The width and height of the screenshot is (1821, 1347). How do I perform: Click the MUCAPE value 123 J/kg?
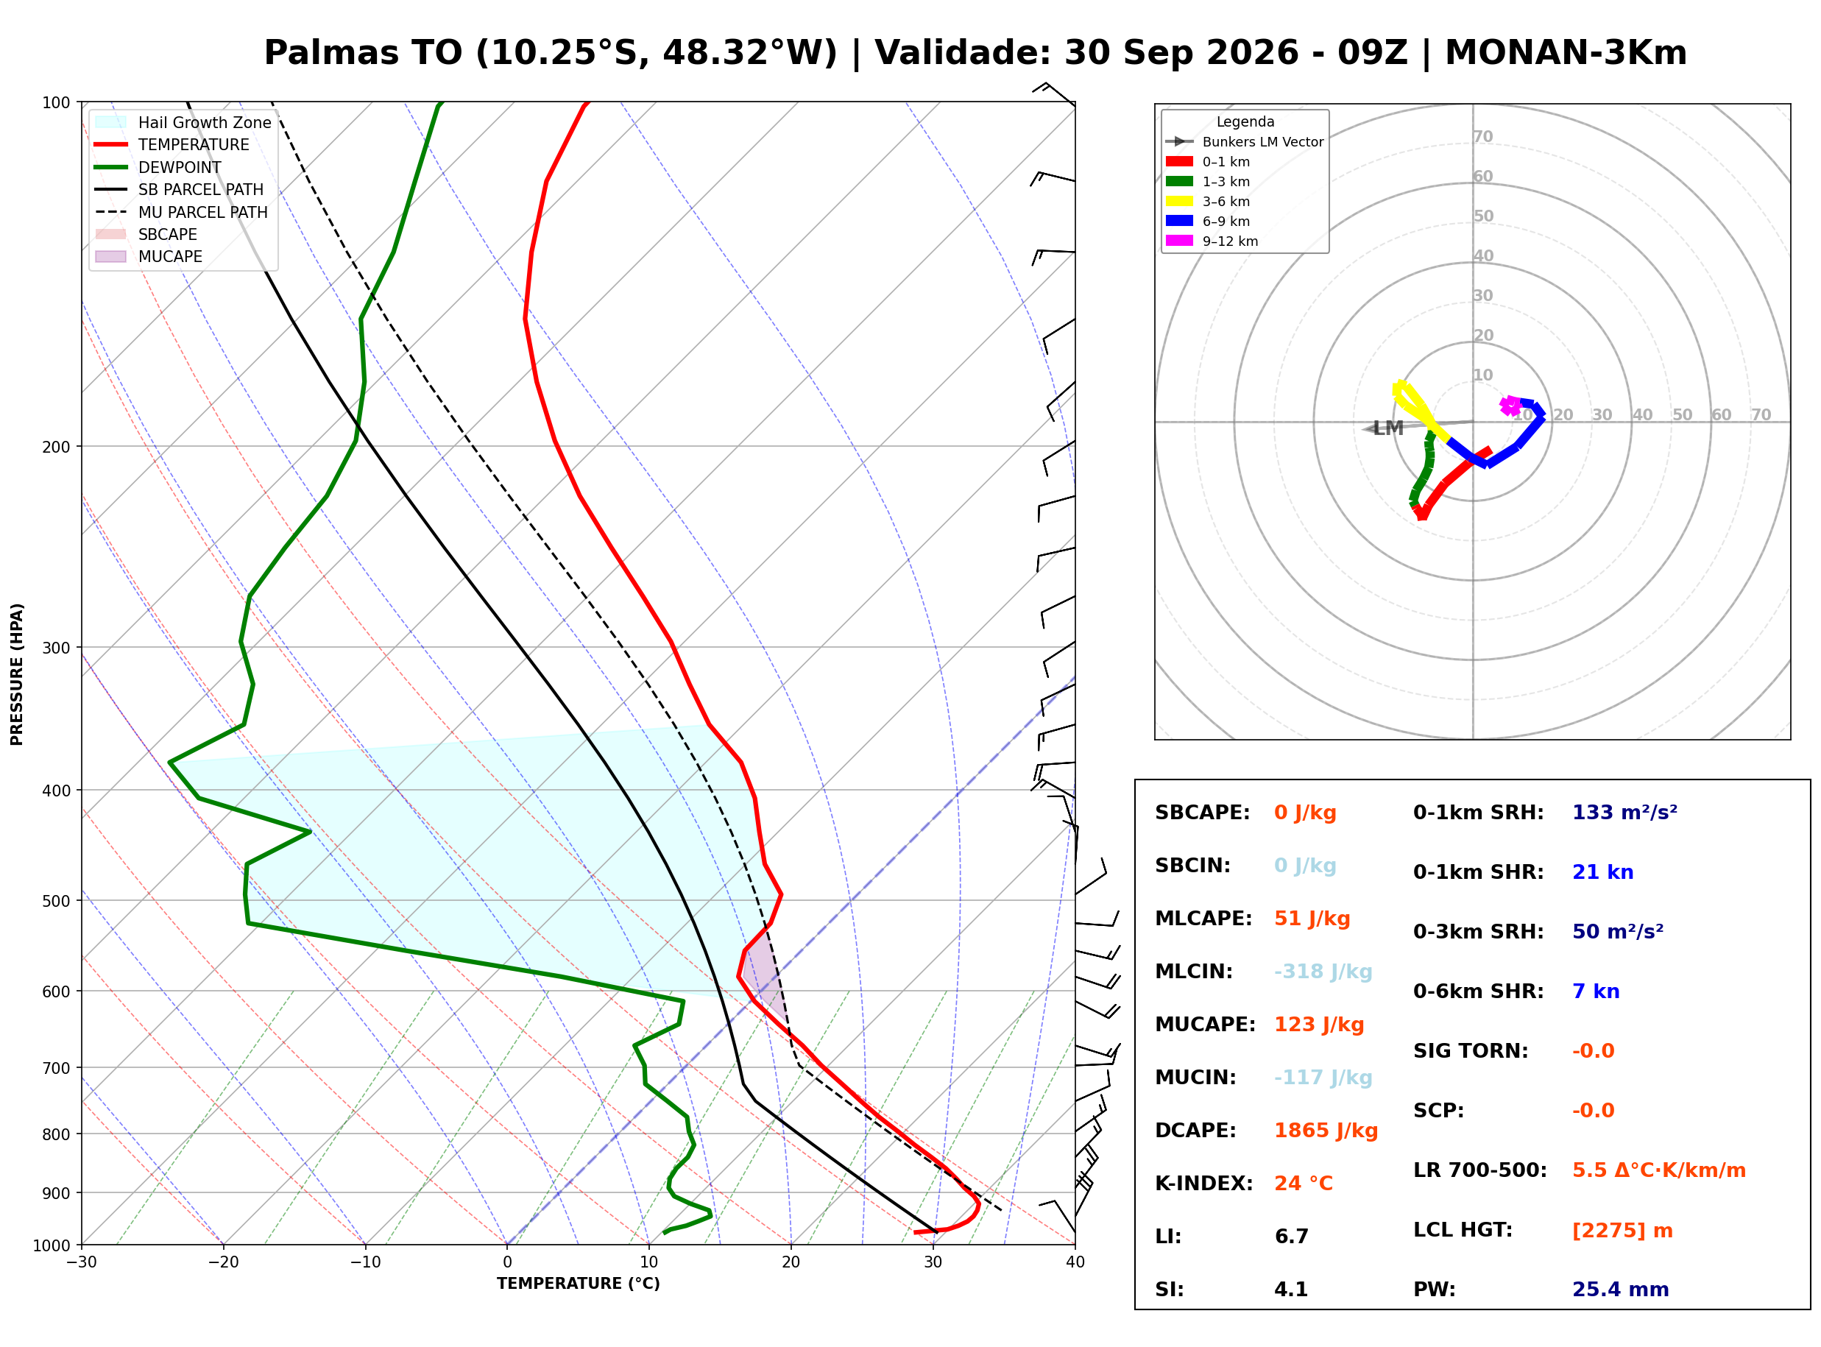coord(1319,1025)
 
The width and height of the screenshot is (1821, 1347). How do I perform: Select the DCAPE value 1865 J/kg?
coord(1326,1131)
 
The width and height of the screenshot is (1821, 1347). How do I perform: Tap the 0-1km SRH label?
coord(1478,813)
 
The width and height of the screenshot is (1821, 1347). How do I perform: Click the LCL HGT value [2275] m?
coord(1622,1231)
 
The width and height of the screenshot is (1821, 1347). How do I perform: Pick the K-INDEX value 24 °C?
coord(1304,1184)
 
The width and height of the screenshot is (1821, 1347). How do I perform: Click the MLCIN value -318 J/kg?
coord(1323,972)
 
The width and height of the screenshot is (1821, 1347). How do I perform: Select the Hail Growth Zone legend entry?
coord(183,122)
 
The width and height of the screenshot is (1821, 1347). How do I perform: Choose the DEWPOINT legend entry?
coord(158,167)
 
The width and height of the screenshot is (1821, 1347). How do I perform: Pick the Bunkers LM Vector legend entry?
coord(1244,142)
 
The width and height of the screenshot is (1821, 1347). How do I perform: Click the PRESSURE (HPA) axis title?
coord(17,674)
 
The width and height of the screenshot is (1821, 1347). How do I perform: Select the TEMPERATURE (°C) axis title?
coord(578,1284)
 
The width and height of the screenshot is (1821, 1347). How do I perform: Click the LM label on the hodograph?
coord(1388,428)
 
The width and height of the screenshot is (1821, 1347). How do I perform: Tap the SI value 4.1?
coord(1291,1290)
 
